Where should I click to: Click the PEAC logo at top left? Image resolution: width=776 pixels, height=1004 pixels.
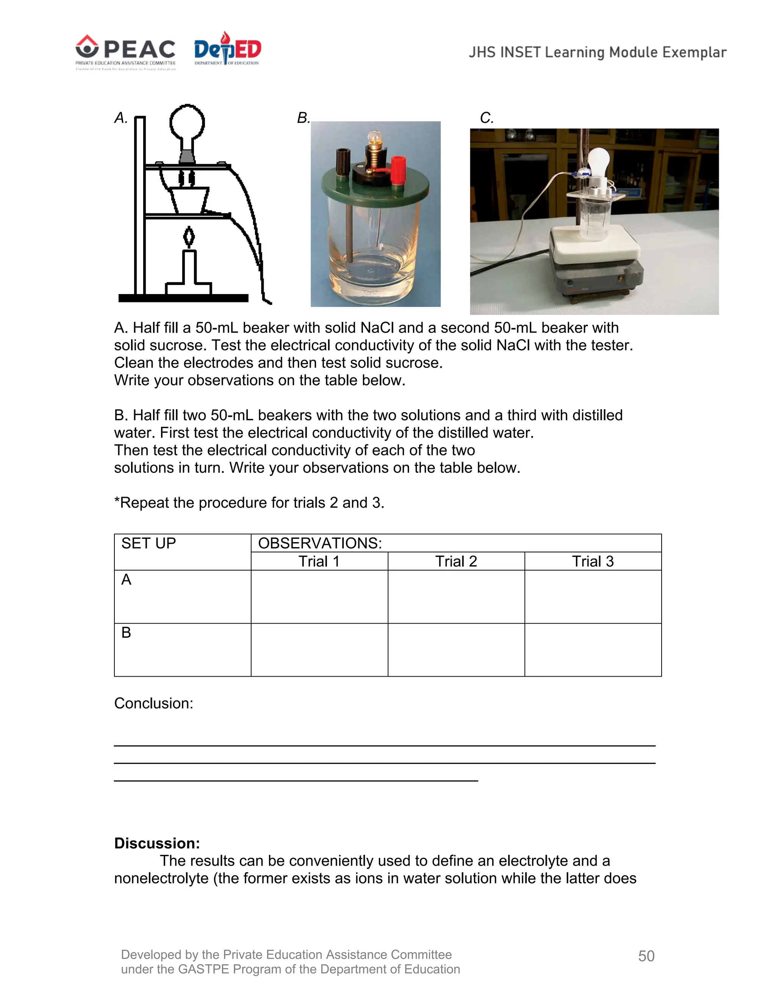coord(125,52)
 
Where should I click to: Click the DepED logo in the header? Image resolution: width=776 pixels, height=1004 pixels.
coord(228,49)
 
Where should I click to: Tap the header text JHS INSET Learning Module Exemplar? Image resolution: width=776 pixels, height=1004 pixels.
coord(597,52)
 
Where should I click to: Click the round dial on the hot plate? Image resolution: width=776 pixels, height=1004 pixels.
coord(634,278)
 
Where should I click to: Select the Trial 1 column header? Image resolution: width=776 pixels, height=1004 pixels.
coord(319,561)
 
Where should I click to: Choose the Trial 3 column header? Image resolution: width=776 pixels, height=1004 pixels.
coord(593,561)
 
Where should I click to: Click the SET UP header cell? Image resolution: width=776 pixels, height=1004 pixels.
coord(149,543)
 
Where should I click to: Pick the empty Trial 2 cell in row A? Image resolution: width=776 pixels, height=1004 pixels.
coord(456,597)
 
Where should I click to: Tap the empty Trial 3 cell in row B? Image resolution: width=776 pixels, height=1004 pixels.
coord(593,649)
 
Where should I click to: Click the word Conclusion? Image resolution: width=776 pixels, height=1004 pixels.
coord(153,703)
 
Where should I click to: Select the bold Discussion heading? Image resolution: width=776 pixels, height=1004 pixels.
coord(157,843)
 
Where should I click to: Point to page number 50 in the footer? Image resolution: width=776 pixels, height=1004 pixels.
coord(646,956)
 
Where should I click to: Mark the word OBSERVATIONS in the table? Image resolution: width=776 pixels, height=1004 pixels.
coord(320,543)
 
